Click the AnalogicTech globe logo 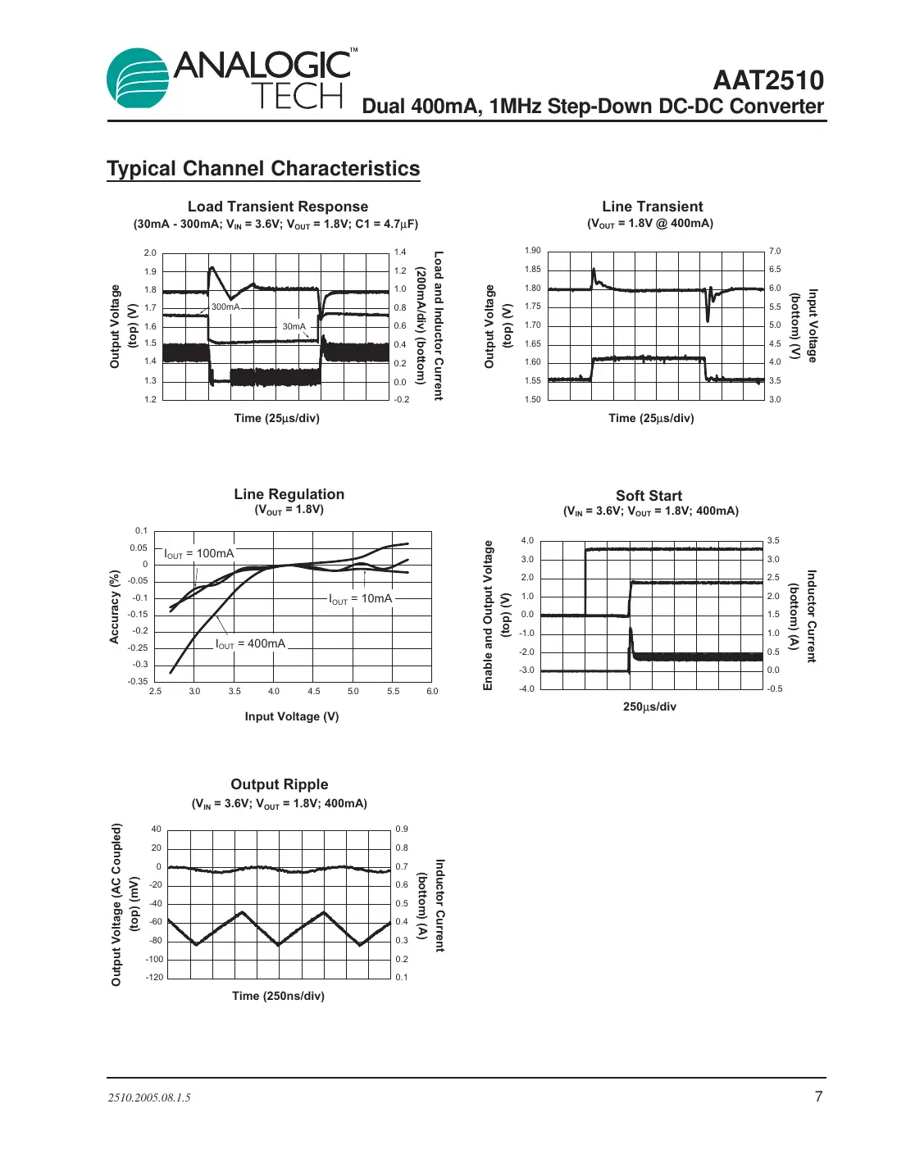(138, 79)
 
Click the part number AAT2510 (767, 80)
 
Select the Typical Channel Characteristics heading (263, 169)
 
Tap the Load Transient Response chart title (277, 207)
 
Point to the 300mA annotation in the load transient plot (225, 307)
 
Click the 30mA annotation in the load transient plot (294, 326)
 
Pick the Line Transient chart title (652, 207)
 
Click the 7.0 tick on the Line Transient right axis (775, 252)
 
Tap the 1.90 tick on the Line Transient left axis (533, 251)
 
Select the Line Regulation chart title (289, 494)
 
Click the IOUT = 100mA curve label (199, 554)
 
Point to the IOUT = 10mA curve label (361, 599)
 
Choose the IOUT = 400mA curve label (251, 644)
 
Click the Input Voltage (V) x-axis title (291, 716)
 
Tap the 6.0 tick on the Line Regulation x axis (432, 692)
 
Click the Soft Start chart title (649, 496)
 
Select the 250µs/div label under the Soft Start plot (649, 706)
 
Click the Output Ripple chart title (279, 784)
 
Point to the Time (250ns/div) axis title (278, 996)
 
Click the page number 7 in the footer (818, 1097)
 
